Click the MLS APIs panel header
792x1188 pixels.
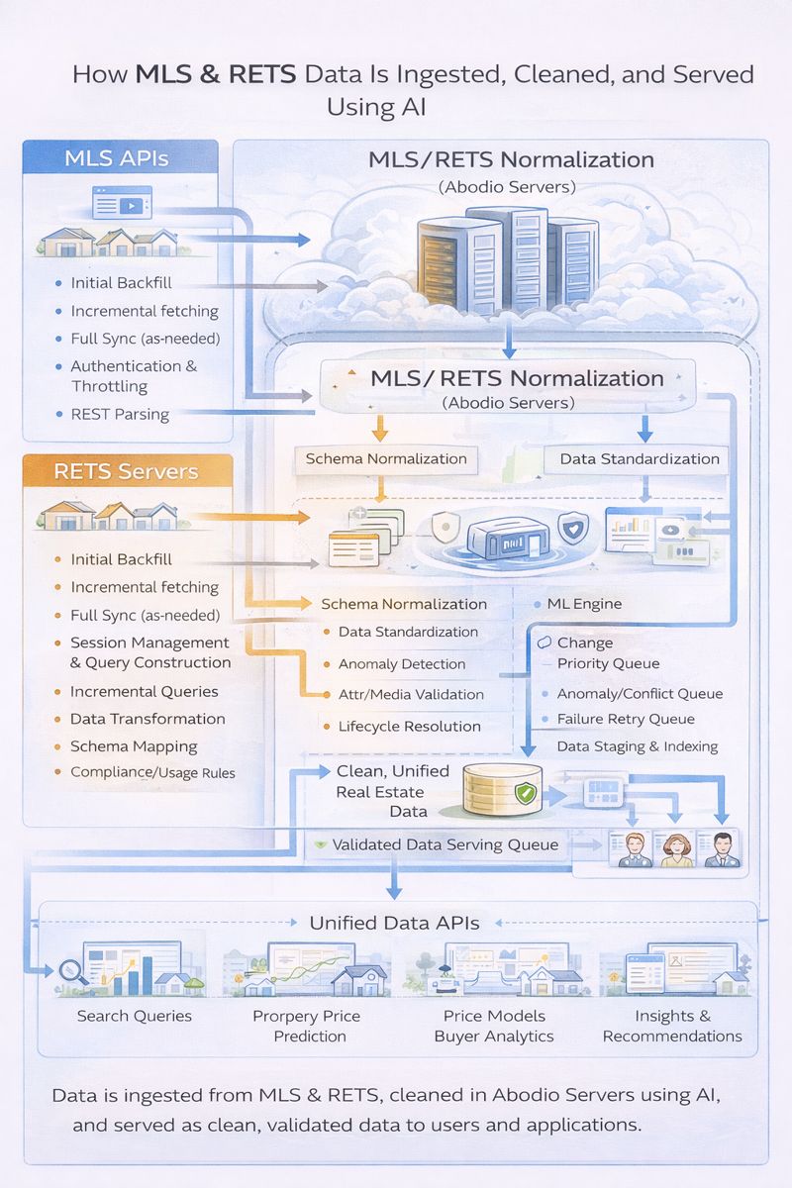[x=116, y=157]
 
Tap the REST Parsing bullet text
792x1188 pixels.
[x=120, y=414]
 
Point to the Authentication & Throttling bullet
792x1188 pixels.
[x=134, y=376]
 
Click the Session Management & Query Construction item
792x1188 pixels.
[x=149, y=653]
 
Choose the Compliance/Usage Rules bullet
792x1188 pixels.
[x=152, y=772]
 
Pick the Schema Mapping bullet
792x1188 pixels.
[x=134, y=746]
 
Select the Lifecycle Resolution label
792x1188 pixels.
[x=409, y=726]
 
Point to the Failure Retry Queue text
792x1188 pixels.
[x=626, y=720]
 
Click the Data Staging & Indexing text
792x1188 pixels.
[x=638, y=746]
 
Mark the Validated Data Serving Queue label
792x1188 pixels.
[x=445, y=845]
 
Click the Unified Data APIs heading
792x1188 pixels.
[x=394, y=924]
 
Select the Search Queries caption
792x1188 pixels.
[x=134, y=1016]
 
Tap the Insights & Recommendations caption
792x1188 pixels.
[x=672, y=1026]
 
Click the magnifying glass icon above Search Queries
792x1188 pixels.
[x=73, y=973]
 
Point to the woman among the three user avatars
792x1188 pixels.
[x=677, y=849]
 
